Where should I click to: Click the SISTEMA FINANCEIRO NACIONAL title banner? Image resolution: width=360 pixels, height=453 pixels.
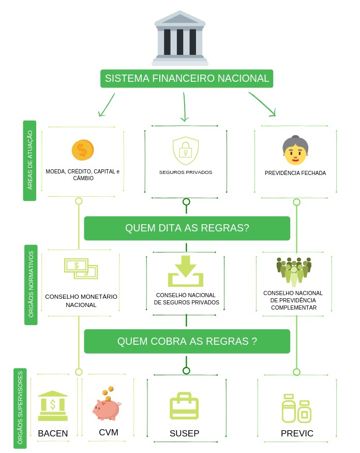187,79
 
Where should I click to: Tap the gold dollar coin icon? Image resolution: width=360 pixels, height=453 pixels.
83,150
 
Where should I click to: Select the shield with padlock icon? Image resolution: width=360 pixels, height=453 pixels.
186,150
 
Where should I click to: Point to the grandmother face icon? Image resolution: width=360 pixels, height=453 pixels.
295,150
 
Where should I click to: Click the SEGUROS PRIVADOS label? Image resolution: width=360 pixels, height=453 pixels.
186,172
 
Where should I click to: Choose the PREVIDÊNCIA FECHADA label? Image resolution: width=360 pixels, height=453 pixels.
295,173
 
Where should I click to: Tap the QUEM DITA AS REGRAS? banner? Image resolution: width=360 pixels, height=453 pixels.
187,228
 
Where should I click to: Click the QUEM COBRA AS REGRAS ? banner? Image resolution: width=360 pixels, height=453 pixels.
187,341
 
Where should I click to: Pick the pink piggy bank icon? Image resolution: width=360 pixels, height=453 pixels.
107,406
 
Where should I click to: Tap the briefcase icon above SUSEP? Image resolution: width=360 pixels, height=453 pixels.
184,406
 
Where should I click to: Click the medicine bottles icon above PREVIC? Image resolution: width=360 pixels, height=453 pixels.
296,408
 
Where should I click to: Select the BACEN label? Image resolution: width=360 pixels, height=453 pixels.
53,433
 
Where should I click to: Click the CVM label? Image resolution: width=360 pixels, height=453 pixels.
109,432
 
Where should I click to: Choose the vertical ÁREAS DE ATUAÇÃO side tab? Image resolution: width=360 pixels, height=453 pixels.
29,160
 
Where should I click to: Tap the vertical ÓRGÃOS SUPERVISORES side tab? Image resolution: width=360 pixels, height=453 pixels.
20,408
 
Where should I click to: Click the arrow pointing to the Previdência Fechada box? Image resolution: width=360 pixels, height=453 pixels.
264,104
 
